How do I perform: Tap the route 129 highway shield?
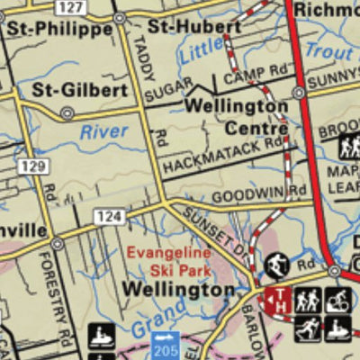33,166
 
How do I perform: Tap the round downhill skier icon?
275,266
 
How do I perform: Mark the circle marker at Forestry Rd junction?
57,243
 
